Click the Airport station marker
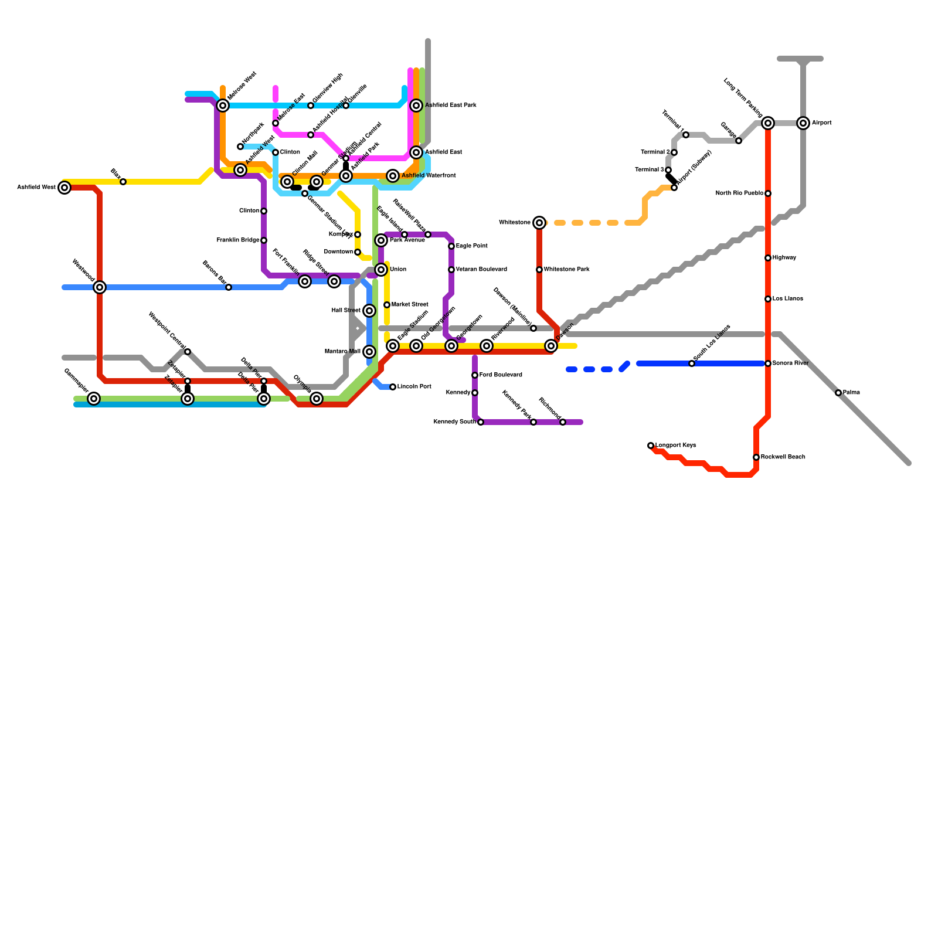[803, 123]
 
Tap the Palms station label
[851, 393]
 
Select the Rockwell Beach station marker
[756, 457]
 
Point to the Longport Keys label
[675, 446]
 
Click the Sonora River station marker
[768, 363]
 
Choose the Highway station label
[784, 258]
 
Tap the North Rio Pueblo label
[739, 193]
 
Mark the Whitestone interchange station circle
[539, 223]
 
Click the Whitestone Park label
[566, 270]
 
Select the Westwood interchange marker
[100, 287]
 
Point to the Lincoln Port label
[414, 387]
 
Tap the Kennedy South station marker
[481, 422]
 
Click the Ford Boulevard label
[500, 375]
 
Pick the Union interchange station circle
[381, 270]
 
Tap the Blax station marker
[123, 182]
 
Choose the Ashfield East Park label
[450, 106]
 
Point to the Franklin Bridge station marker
[264, 240]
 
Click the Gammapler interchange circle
[94, 399]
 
